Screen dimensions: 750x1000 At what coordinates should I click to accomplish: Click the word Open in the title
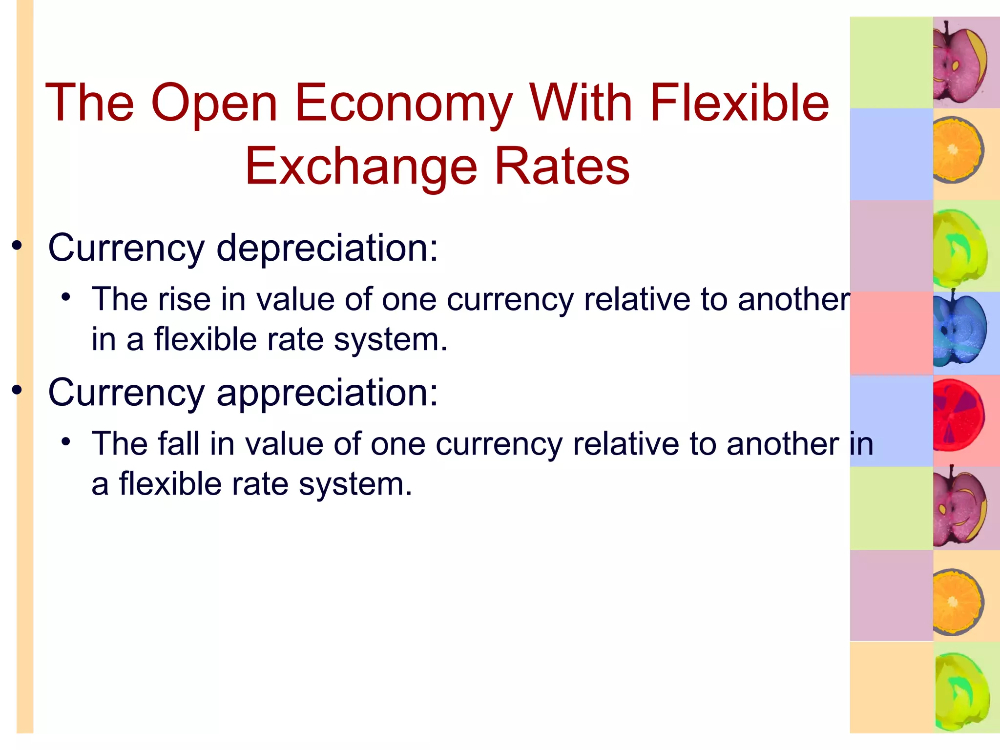pos(214,104)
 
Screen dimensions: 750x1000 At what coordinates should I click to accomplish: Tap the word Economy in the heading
pos(403,104)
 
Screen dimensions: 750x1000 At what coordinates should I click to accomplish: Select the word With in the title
pos(581,103)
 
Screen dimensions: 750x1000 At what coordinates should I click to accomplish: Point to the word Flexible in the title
pos(739,103)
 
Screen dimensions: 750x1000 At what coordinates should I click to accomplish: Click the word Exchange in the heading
pos(361,167)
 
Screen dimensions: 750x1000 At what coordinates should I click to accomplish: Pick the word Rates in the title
pos(562,167)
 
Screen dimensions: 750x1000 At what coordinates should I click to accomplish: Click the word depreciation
pos(327,248)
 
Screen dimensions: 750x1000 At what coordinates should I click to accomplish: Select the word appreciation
pos(327,393)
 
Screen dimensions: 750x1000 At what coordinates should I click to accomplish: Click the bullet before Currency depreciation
pos(18,246)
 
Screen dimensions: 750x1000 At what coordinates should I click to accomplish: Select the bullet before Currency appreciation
pos(18,390)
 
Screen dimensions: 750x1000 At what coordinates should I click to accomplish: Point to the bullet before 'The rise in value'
pos(66,297)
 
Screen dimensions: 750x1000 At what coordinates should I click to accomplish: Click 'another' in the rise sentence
pos(794,299)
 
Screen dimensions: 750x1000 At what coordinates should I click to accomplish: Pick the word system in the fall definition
pos(355,484)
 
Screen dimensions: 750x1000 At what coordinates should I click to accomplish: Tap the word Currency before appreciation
pos(126,393)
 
